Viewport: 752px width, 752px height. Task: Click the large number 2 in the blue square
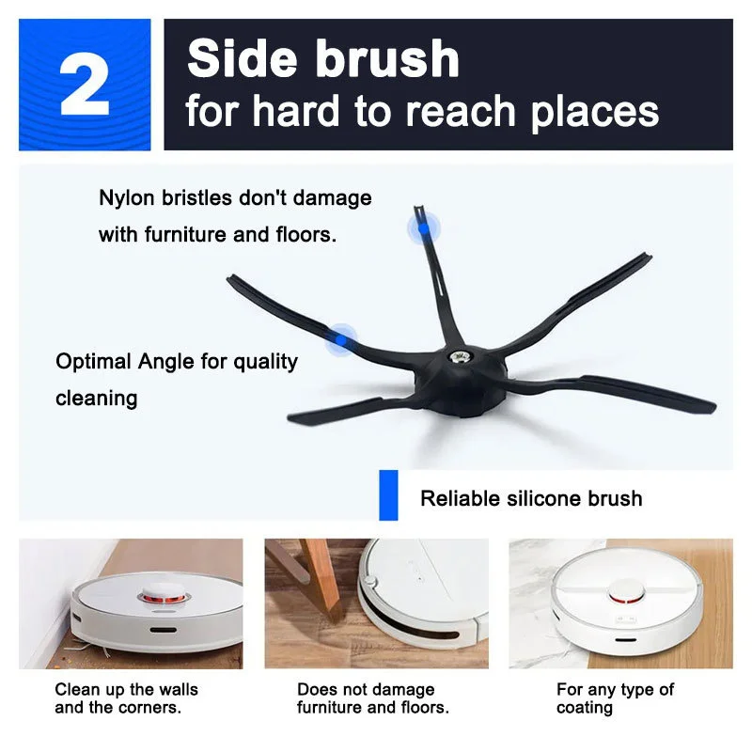(x=85, y=86)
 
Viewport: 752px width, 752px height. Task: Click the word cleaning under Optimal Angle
(x=97, y=398)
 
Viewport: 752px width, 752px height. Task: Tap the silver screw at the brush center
(x=463, y=357)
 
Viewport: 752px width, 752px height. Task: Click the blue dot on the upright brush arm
(x=423, y=227)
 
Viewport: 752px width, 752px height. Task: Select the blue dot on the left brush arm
(x=340, y=338)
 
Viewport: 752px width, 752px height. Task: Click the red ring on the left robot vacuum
(x=159, y=596)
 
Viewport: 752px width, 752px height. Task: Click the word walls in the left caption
(x=176, y=690)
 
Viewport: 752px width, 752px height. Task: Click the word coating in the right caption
(x=585, y=708)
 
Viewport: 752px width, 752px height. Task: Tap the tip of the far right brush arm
(x=711, y=406)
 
